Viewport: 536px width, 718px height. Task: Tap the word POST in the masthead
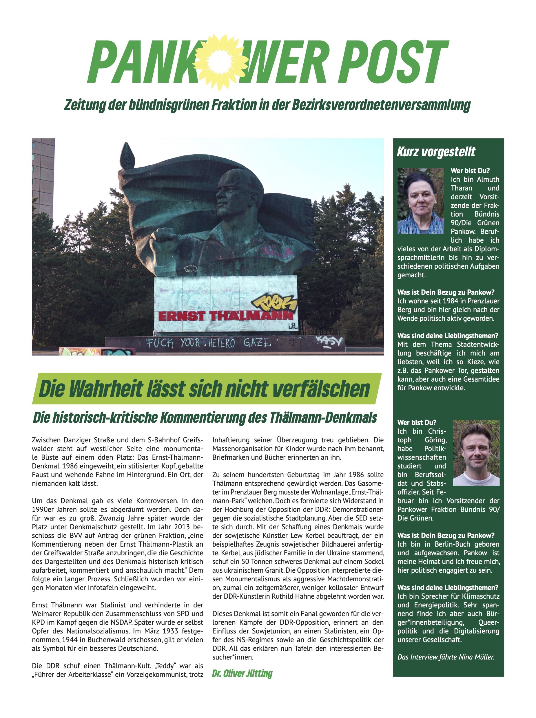coord(393,62)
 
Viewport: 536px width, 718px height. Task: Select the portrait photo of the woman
coord(420,201)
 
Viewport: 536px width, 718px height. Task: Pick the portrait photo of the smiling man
coord(476,453)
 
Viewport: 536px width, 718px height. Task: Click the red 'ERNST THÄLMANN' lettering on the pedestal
coord(226,316)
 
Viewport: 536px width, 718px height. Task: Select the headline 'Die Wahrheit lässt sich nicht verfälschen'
coord(205,389)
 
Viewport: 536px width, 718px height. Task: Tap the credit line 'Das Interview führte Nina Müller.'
coord(446,657)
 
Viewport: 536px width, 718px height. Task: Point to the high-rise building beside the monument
coord(43,175)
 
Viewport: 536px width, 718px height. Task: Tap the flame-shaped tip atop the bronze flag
coord(127,156)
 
